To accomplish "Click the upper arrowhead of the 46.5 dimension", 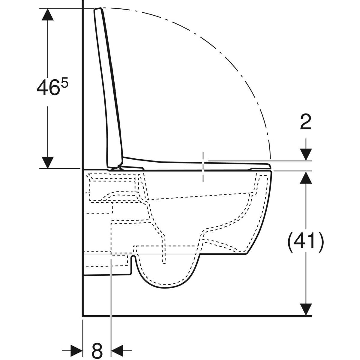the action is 48,14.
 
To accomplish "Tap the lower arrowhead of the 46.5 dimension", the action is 48,162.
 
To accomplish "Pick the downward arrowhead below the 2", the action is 306,154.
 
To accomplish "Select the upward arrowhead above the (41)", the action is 306,177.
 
